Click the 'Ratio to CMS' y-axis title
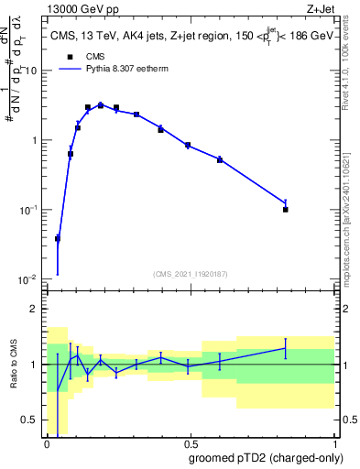pyautogui.click(x=14, y=364)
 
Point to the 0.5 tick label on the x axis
pyautogui.click(x=191, y=443)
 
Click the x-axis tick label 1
pyautogui.click(x=334, y=443)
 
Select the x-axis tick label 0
pyautogui.click(x=47, y=443)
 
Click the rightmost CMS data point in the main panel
pyautogui.click(x=286, y=210)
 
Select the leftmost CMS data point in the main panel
pyautogui.click(x=58, y=239)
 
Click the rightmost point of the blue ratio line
pyautogui.click(x=286, y=348)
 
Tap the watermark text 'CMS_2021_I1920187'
pyautogui.click(x=190, y=273)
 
